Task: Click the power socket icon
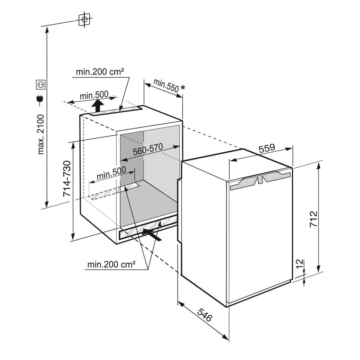[x=41, y=85]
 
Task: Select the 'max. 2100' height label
[x=41, y=134]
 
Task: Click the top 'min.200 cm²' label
[x=100, y=72]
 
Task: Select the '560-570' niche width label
[x=148, y=149]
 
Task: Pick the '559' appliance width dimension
[x=267, y=148]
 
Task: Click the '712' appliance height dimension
[x=313, y=218]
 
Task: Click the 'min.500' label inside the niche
[x=111, y=175]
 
